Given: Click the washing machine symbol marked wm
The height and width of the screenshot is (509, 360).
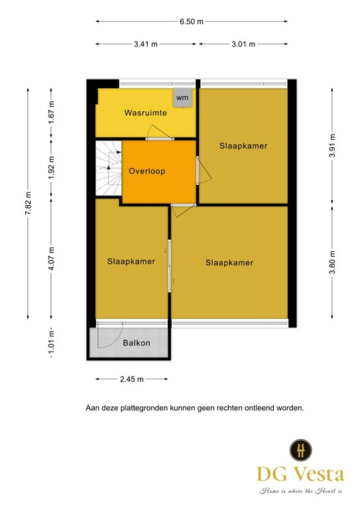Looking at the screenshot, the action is [x=182, y=97].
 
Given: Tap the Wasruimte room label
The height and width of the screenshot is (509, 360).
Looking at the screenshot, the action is [x=145, y=113].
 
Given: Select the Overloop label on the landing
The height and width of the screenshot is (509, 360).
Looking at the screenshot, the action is [x=147, y=171].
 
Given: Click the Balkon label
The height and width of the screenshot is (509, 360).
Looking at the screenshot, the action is [x=137, y=343].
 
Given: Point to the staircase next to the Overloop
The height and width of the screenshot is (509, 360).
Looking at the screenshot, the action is [x=109, y=168].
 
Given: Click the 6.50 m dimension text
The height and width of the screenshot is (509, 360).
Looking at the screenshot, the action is [x=192, y=22].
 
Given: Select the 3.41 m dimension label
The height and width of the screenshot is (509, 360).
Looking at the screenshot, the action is [x=146, y=44].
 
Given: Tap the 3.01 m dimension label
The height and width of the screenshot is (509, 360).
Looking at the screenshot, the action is [x=243, y=44].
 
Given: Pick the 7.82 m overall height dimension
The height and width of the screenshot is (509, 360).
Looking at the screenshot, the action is [x=29, y=203].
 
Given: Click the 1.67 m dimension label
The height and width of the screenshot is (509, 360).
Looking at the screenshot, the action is [x=51, y=112].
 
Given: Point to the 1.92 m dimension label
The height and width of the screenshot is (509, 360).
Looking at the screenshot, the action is [x=51, y=168].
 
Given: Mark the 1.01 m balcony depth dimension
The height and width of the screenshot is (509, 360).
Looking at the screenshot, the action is [x=51, y=343].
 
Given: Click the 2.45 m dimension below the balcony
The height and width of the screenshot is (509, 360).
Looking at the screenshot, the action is [x=131, y=379].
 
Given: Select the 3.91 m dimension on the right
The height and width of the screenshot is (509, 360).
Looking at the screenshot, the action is [x=332, y=146].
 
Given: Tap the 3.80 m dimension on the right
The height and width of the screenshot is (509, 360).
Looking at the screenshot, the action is [x=332, y=262].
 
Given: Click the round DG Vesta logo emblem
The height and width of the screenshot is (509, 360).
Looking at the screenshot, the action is [x=300, y=450].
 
